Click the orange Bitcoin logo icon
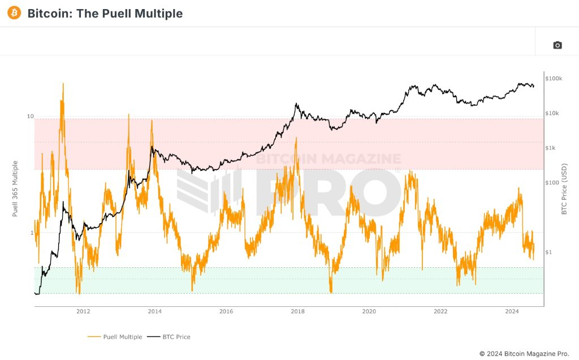click(x=14, y=13)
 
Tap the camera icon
click(x=558, y=45)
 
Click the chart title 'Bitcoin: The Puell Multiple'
click(x=105, y=14)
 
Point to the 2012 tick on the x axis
click(x=83, y=311)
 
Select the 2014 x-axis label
click(x=154, y=311)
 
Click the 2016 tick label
click(x=226, y=311)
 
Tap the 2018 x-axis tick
click(x=297, y=311)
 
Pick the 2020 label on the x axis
click(x=369, y=311)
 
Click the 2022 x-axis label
click(x=440, y=311)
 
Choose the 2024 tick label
click(x=512, y=311)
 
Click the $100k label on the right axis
click(x=554, y=79)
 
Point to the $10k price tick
click(x=552, y=113)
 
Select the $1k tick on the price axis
click(x=551, y=148)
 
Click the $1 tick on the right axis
click(x=548, y=252)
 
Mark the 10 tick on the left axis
click(x=31, y=116)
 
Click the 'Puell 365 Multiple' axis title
click(x=15, y=188)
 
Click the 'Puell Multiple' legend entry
click(x=115, y=337)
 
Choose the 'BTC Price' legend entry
click(x=168, y=337)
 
